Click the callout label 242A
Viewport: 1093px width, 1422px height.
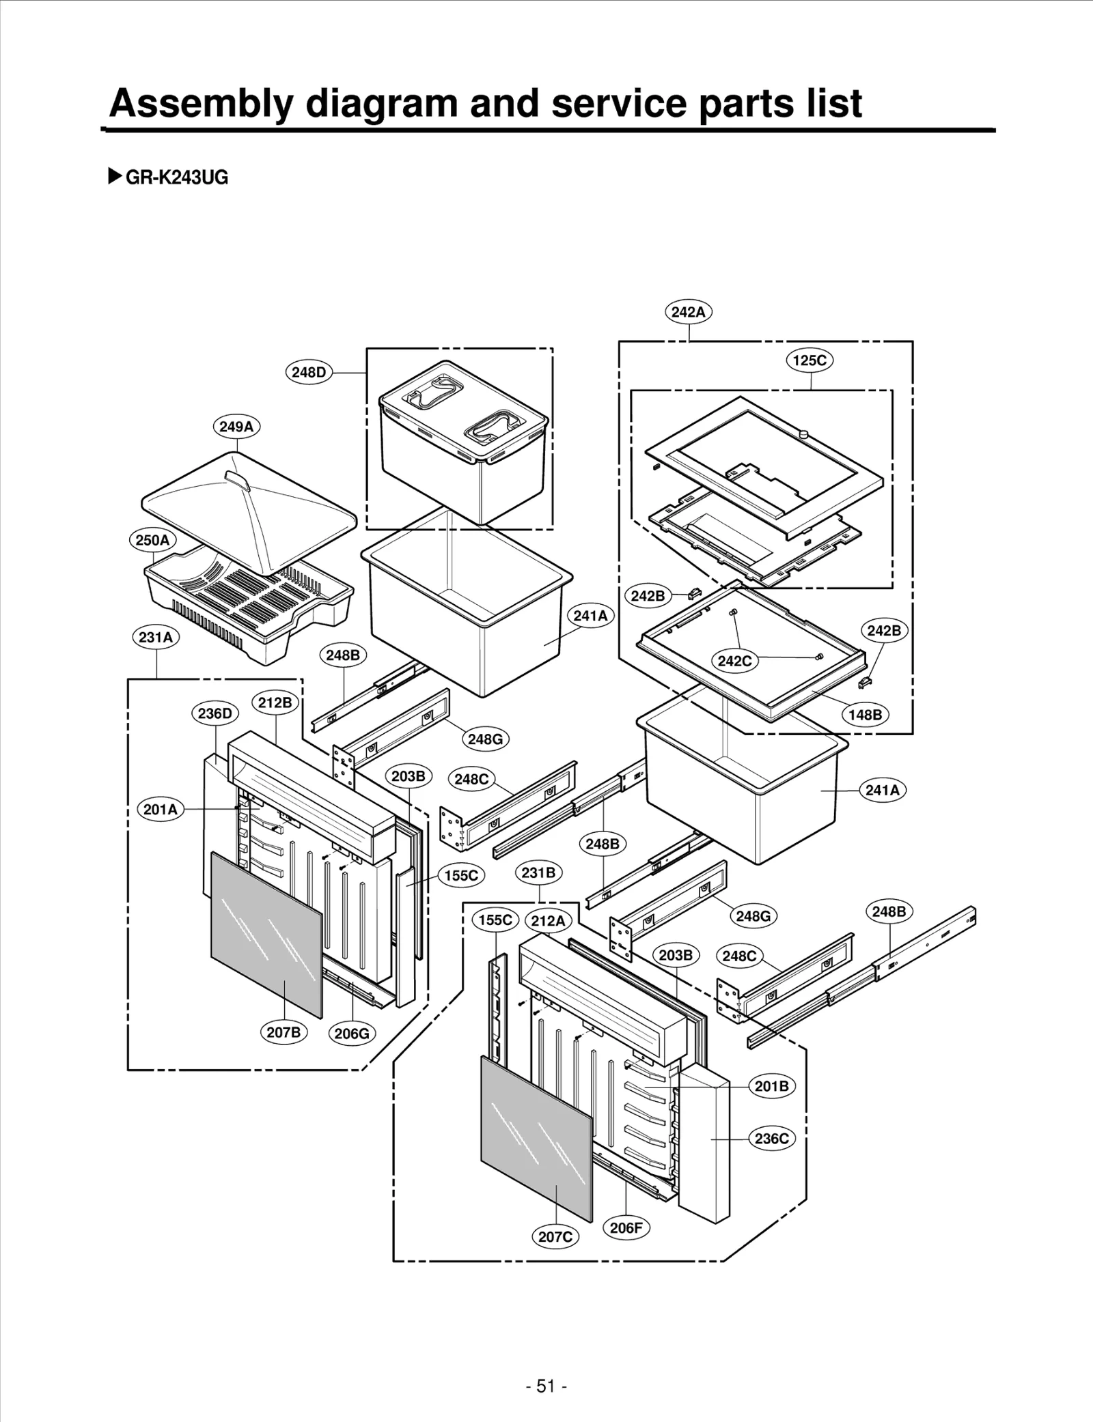pos(688,312)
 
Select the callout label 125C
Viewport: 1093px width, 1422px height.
pos(810,360)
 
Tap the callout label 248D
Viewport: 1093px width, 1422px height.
pos(309,372)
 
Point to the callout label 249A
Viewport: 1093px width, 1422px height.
pos(236,427)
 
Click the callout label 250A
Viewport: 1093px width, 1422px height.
pos(152,540)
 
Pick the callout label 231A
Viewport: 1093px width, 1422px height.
pos(156,637)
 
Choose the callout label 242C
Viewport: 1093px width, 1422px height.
pos(735,661)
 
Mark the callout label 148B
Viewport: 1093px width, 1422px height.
pos(865,715)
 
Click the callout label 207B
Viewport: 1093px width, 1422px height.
pos(283,1032)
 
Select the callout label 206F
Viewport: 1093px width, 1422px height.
pos(626,1227)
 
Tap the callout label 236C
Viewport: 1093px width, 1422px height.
pos(772,1138)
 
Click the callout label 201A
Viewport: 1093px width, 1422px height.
pos(161,809)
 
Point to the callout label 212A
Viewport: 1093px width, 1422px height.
pos(548,920)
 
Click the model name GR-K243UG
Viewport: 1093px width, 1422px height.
pos(176,177)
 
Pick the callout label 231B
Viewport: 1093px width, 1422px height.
pos(538,872)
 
